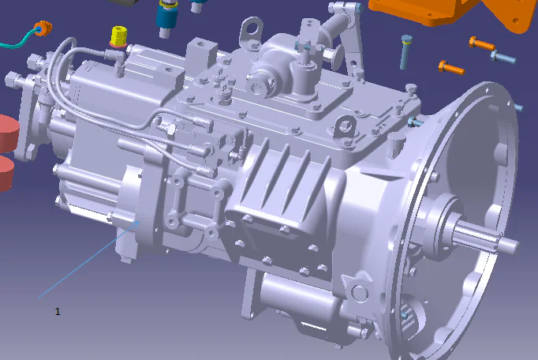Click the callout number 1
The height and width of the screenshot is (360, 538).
(x=58, y=312)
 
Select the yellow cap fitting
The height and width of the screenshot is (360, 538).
(x=118, y=36)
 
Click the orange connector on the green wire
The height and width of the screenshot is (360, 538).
(x=44, y=29)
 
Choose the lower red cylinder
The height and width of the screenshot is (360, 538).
(x=6, y=173)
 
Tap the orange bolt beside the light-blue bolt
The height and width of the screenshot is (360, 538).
(x=480, y=44)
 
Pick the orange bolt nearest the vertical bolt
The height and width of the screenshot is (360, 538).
(x=450, y=67)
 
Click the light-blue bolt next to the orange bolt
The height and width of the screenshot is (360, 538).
(x=503, y=58)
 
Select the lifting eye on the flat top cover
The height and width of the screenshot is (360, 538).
(x=343, y=126)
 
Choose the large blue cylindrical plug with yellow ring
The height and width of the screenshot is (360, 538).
(x=167, y=17)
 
